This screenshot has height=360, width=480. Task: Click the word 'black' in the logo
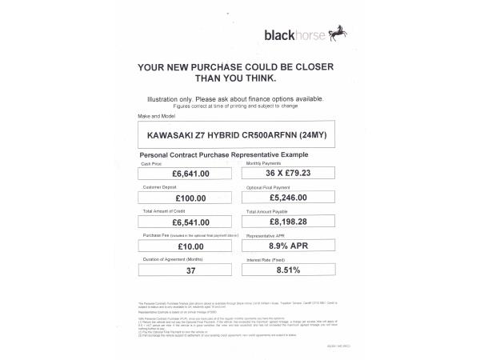278,35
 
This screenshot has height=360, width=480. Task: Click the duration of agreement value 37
190,270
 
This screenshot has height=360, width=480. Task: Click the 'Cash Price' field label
153,162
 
